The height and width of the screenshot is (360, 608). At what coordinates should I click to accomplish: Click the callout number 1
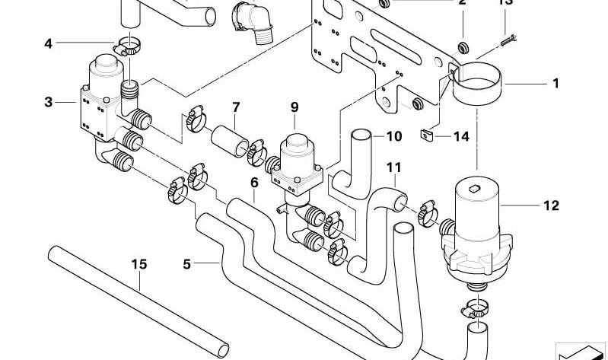click(x=555, y=83)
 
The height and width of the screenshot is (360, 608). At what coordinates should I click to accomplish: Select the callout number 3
click(x=49, y=101)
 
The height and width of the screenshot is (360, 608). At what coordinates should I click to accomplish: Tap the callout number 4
click(x=49, y=44)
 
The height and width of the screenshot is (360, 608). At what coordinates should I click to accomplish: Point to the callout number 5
click(x=186, y=265)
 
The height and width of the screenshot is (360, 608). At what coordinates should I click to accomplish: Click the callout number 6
click(x=254, y=183)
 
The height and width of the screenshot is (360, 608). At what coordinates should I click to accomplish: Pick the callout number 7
click(x=236, y=107)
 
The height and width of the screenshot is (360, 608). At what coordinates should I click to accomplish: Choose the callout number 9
click(x=294, y=107)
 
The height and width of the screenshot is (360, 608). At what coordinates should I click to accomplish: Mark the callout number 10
click(x=393, y=137)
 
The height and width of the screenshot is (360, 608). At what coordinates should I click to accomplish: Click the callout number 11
click(x=393, y=167)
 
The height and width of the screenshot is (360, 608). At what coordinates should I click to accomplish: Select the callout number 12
click(x=552, y=205)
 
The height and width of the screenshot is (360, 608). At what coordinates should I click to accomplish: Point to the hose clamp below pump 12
click(x=475, y=310)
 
